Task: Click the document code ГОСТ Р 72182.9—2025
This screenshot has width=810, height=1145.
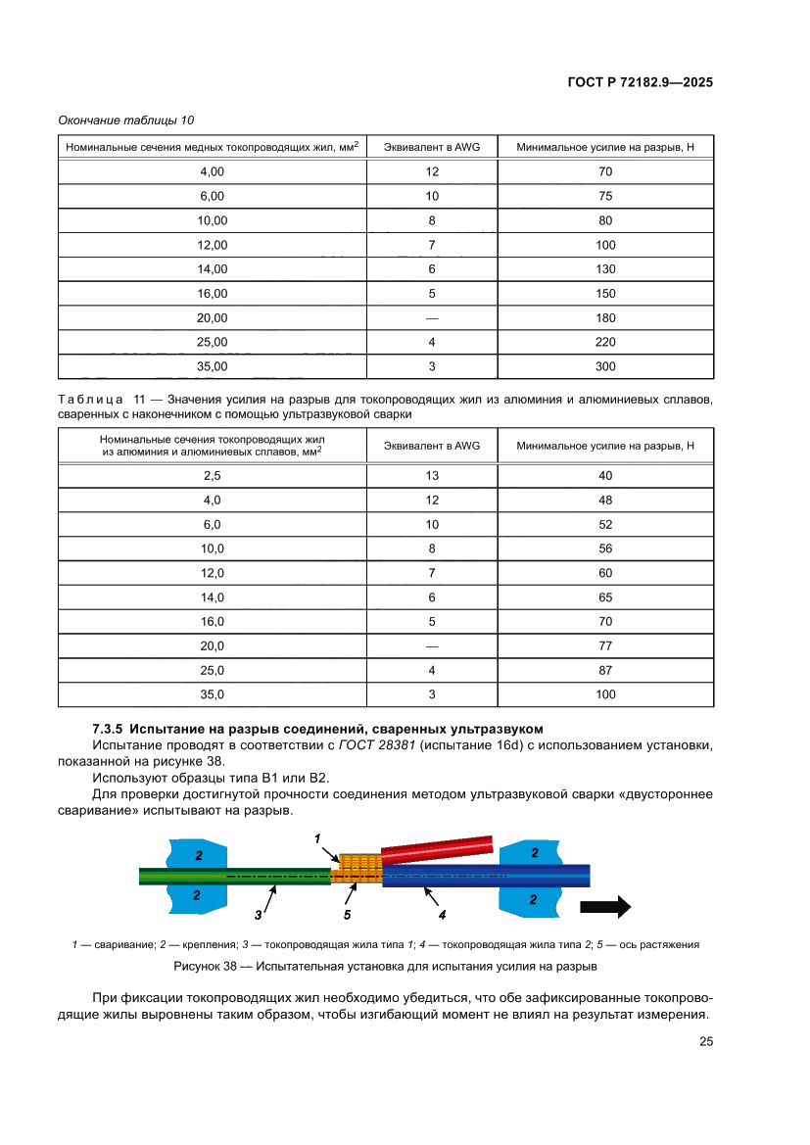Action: (640, 82)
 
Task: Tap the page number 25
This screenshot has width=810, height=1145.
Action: (705, 1042)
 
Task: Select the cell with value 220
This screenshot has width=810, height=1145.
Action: (605, 342)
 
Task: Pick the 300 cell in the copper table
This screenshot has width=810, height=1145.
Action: (605, 366)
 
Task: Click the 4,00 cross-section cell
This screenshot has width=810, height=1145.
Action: (213, 171)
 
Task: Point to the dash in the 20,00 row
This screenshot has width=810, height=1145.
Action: (431, 318)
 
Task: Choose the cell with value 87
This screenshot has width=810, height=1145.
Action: (605, 671)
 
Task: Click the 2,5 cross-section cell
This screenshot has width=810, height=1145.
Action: (213, 475)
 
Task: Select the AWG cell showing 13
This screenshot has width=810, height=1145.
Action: (431, 475)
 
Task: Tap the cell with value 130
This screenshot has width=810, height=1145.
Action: (605, 269)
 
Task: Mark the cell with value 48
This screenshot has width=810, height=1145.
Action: (605, 500)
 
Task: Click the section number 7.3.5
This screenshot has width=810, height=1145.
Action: (107, 729)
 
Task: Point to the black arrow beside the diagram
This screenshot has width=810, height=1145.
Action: (605, 907)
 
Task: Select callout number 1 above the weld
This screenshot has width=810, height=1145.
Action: (318, 838)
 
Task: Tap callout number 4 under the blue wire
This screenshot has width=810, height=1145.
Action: (442, 915)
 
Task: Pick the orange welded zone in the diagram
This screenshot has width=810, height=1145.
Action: (357, 868)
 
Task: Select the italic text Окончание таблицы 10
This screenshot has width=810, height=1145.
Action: (126, 120)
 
